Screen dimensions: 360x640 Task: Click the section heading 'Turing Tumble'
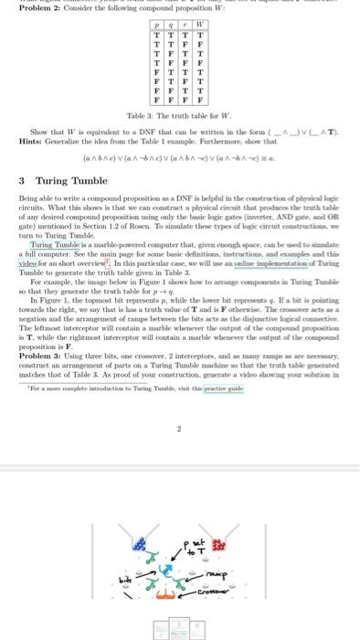pyautogui.click(x=64, y=180)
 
